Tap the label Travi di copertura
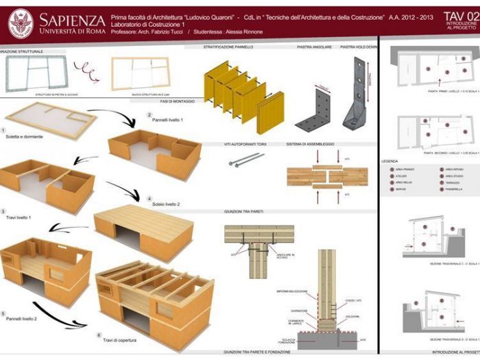(x=120, y=340)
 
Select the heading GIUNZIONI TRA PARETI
(x=243, y=212)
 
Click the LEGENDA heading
(x=389, y=161)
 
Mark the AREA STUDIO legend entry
(x=453, y=176)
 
